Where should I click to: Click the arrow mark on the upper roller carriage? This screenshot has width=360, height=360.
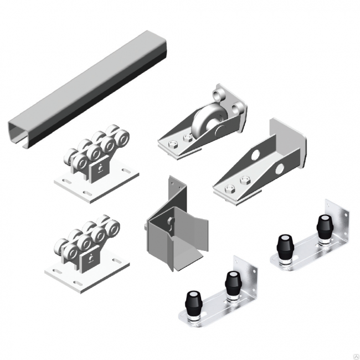point(100,169)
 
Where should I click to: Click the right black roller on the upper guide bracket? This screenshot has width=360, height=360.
point(322,224)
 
